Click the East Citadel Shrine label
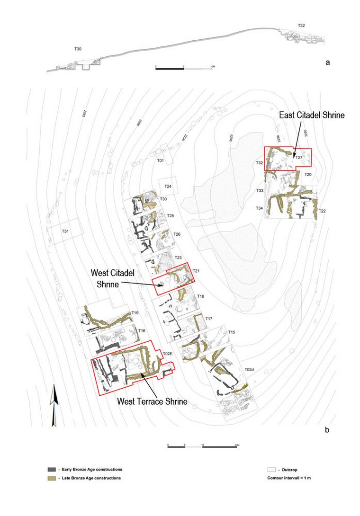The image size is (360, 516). click(312, 115)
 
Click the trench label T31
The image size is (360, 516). click(66, 231)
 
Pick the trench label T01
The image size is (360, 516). click(160, 161)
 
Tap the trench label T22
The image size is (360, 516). click(322, 211)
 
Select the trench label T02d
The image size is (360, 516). click(250, 369)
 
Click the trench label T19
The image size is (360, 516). click(135, 313)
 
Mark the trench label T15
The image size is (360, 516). click(232, 332)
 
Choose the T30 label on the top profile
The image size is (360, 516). click(78, 49)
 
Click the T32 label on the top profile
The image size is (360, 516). click(301, 25)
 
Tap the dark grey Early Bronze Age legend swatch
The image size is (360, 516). click(52, 470)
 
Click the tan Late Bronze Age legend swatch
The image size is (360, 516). click(52, 478)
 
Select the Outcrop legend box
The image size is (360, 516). click(271, 470)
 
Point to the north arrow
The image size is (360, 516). click(54, 402)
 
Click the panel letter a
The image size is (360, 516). click(327, 62)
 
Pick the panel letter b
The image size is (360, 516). click(327, 430)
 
